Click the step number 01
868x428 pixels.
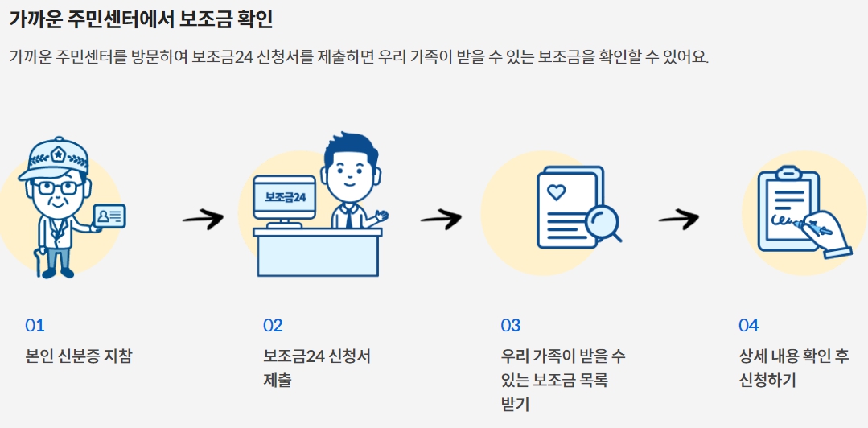click(35, 326)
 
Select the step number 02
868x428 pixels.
click(273, 326)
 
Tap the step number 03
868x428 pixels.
click(511, 326)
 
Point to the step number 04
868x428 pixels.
click(749, 326)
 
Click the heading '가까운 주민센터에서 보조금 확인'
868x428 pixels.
click(141, 19)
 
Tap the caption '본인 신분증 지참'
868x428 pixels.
click(79, 356)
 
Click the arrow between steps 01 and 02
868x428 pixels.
click(203, 218)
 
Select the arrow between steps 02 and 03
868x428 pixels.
click(440, 218)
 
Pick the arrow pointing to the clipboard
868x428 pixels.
click(678, 218)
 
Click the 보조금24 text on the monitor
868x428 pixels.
click(285, 196)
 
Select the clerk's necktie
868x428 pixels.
click(348, 216)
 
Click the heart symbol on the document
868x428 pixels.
click(556, 191)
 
